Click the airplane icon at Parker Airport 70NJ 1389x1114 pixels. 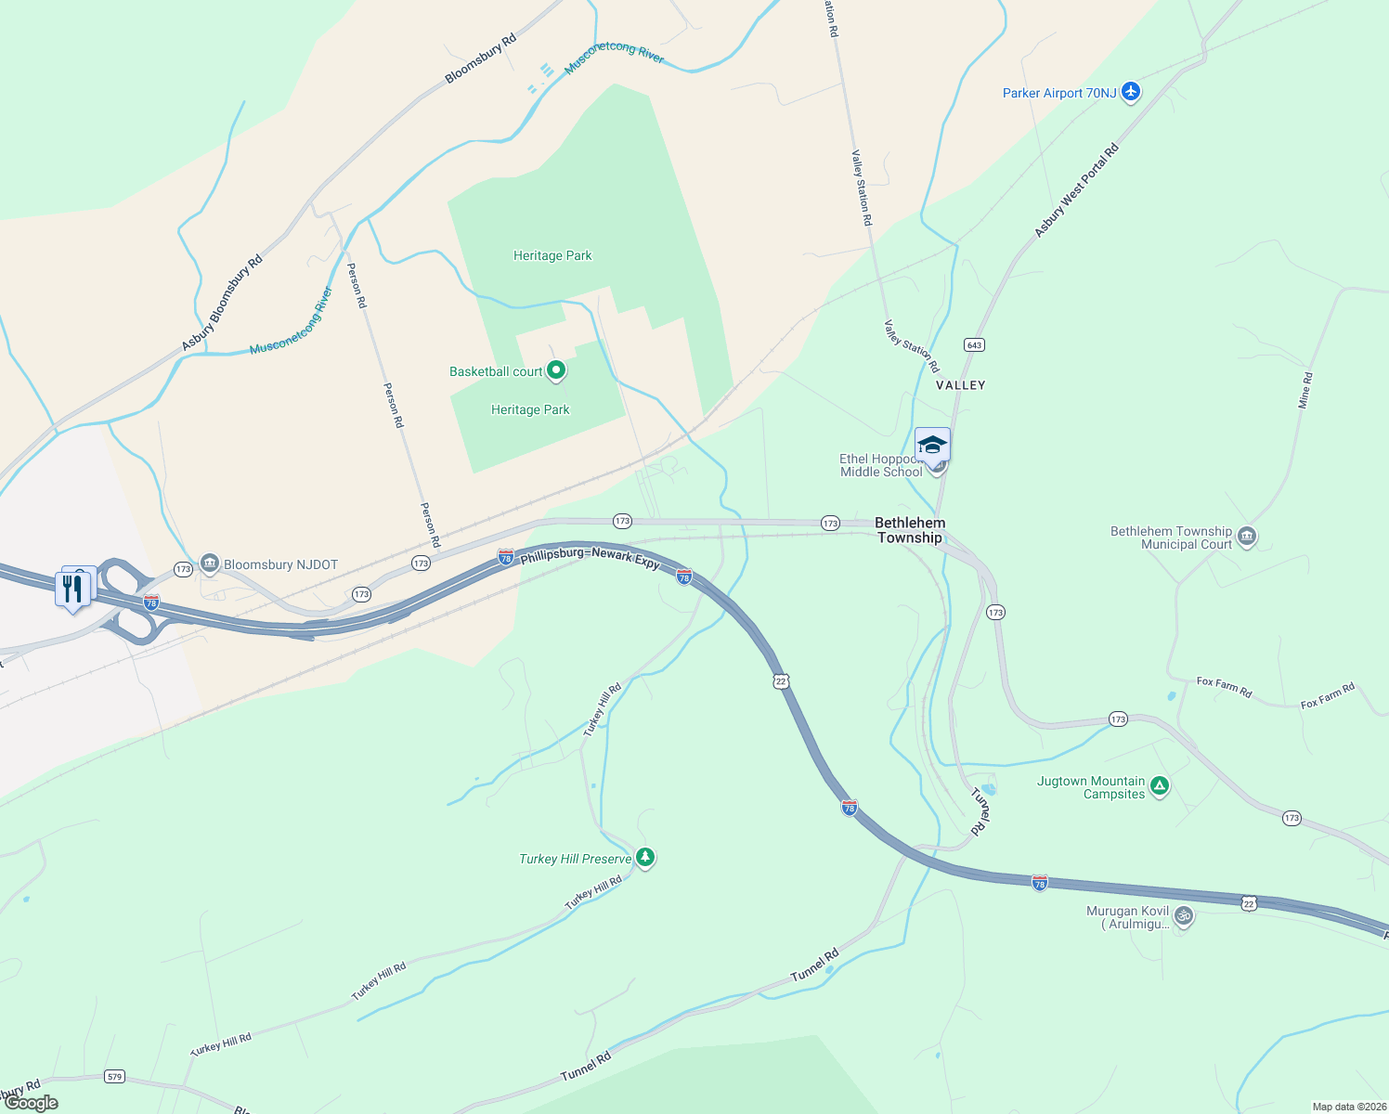pos(1130,91)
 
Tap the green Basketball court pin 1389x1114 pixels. pos(556,371)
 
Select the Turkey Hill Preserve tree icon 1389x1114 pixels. pos(645,858)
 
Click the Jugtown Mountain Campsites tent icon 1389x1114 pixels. pos(1159,786)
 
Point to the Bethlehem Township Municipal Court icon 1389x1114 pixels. pos(1247,537)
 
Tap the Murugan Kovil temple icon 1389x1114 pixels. pos(1183,916)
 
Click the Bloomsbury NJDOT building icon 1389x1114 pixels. pos(209,563)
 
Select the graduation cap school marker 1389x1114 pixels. pos(932,445)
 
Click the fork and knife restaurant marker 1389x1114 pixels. pos(72,589)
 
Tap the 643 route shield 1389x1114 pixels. pos(974,344)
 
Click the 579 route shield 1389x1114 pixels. pos(114,1077)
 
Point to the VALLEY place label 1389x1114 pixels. pos(960,385)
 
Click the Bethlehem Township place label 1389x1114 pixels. pos(910,530)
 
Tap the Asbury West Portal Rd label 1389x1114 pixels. pos(1076,190)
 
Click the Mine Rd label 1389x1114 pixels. pos(1305,391)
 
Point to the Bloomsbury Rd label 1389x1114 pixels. pos(480,59)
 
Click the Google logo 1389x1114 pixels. pos(32,1103)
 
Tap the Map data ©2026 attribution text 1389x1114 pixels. pos(1347,1107)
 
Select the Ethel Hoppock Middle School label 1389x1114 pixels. pos(881,465)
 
